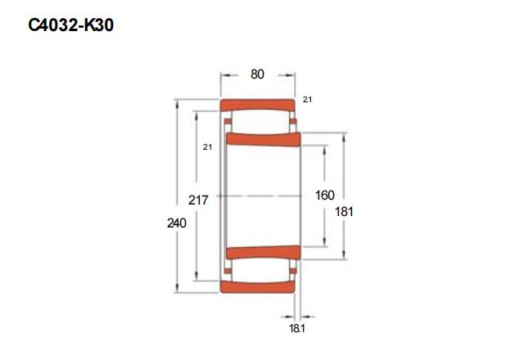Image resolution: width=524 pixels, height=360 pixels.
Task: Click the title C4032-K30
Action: pos(71,25)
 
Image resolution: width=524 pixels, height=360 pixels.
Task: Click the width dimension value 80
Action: pos(257,74)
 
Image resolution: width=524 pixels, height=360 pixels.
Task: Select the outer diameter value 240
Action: pos(177,223)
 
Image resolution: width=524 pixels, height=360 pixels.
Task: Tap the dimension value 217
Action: pos(198,200)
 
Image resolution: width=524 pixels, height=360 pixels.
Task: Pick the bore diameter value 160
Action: pos(325,195)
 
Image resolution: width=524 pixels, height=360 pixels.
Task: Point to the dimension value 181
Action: pos(344,211)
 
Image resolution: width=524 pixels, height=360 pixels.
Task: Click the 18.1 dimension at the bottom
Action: pos(297,329)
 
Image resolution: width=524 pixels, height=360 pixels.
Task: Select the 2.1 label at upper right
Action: pos(307,99)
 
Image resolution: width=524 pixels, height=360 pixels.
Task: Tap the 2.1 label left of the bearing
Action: pos(207,146)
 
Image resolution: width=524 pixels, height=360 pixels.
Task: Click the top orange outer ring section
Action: pos(257,105)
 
